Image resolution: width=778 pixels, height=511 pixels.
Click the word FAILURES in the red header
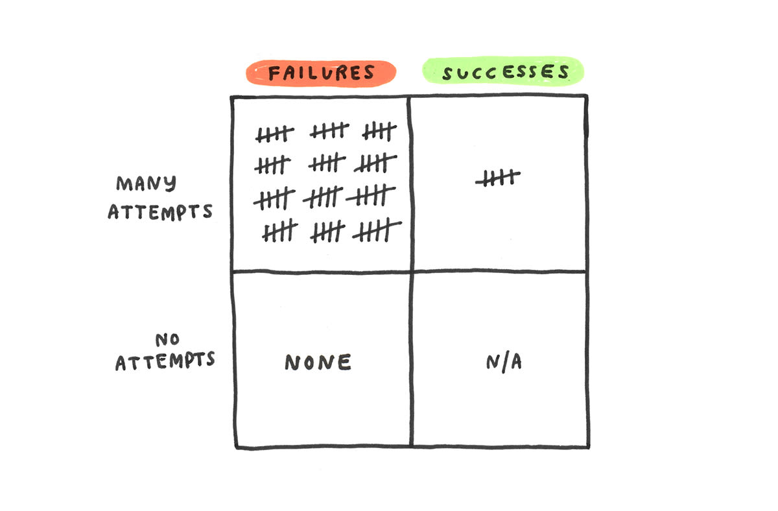coord(322,72)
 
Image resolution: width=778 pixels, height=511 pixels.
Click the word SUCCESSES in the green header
coord(505,72)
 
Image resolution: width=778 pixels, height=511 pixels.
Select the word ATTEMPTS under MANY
coord(160,211)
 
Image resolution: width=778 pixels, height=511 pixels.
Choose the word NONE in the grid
coord(318,362)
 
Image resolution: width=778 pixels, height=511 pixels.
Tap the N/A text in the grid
coord(504,362)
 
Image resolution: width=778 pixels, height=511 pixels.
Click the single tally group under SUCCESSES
coord(498,178)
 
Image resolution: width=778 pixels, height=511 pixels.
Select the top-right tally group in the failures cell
coord(379,132)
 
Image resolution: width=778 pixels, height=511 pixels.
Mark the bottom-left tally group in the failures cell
coord(279,230)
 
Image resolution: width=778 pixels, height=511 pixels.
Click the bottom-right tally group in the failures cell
coord(377,230)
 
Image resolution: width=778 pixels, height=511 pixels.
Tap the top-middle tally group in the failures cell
coord(329,132)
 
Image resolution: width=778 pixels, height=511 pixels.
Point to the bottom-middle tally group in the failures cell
coord(327,231)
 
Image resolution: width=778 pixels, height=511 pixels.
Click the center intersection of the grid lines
coord(410,271)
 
